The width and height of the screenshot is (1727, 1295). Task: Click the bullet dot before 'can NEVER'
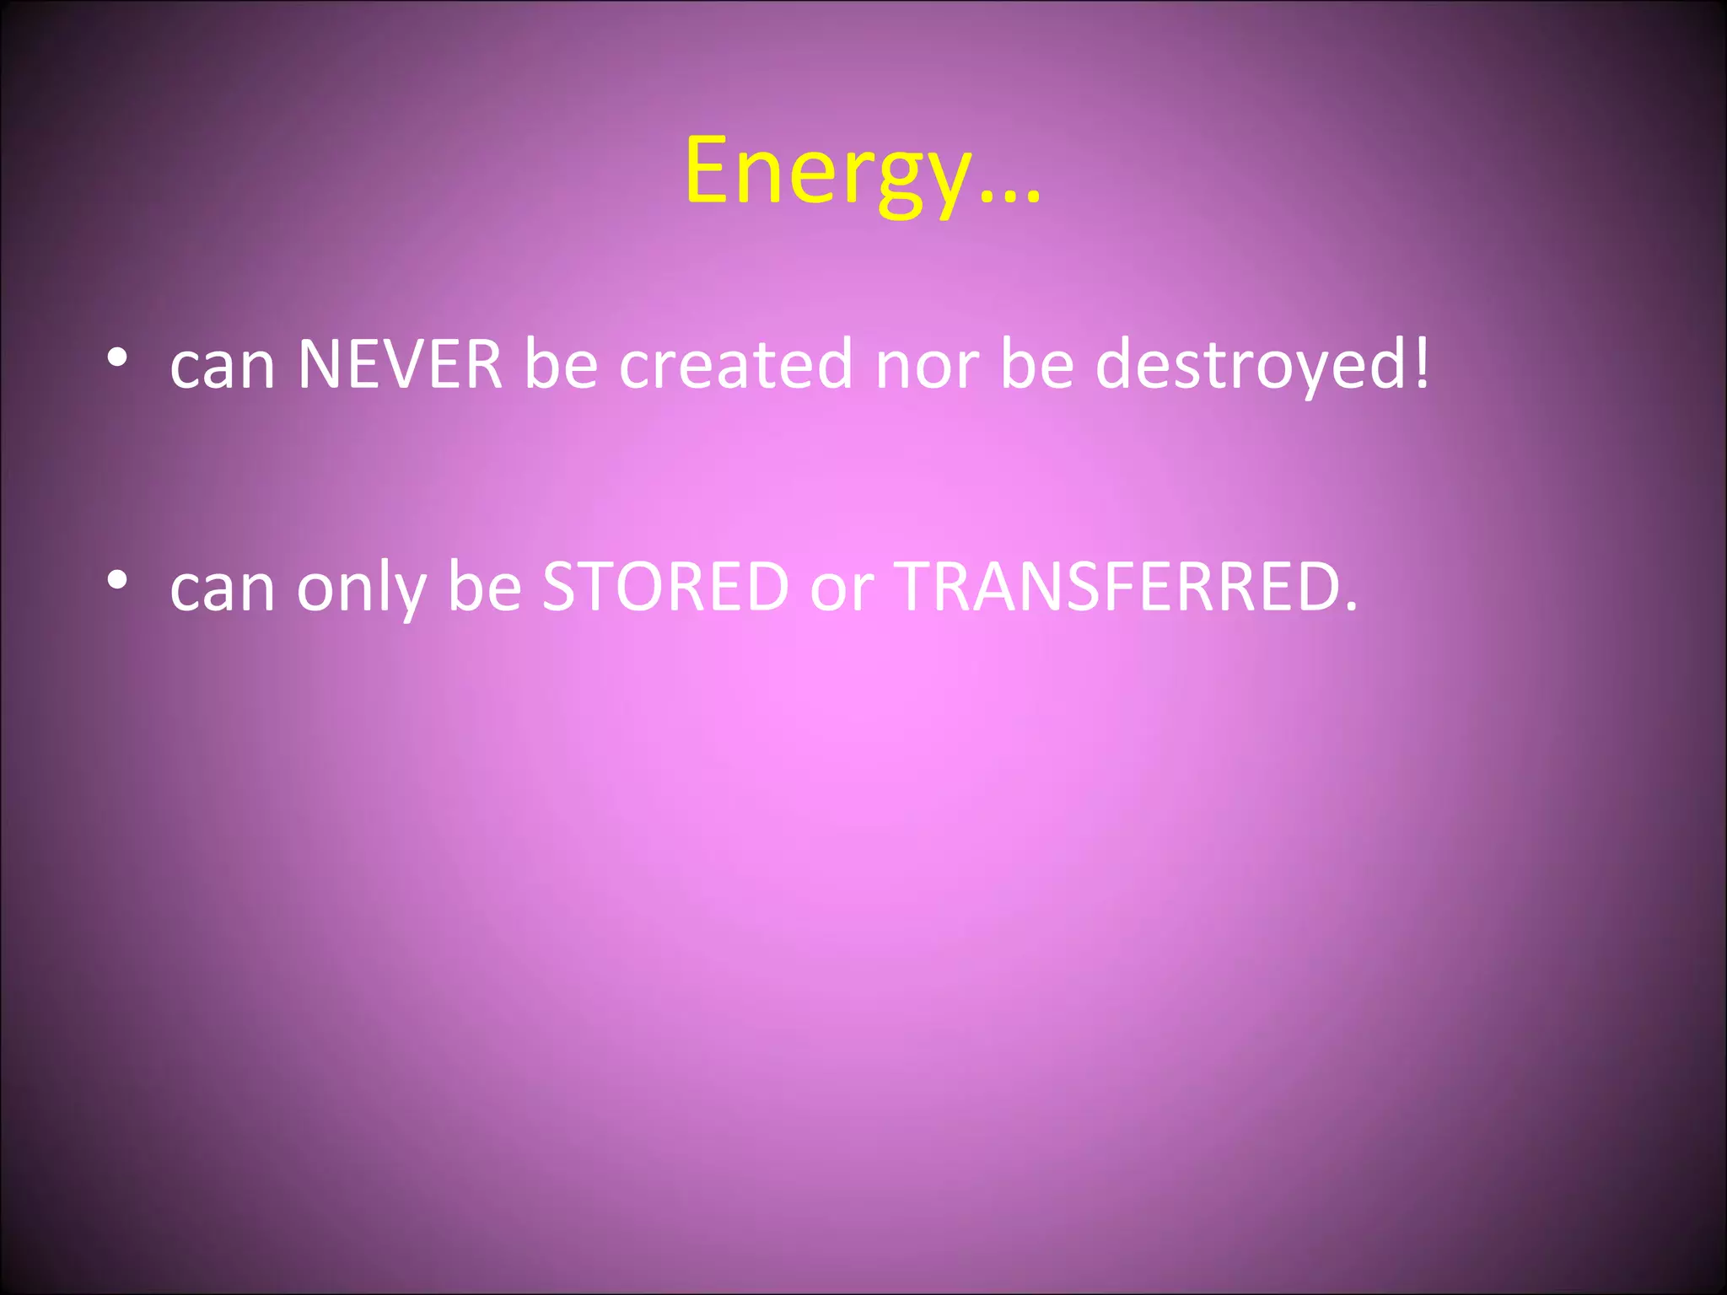pyautogui.click(x=117, y=357)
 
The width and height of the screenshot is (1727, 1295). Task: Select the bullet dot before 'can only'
pyautogui.click(x=117, y=580)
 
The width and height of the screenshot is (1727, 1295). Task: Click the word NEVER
pyautogui.click(x=401, y=364)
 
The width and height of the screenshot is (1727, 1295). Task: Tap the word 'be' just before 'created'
pyautogui.click(x=561, y=364)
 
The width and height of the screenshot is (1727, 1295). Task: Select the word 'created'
pyautogui.click(x=736, y=364)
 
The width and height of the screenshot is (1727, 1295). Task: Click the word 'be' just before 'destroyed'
pyautogui.click(x=1037, y=364)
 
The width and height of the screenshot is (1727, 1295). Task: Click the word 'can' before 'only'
pyautogui.click(x=223, y=589)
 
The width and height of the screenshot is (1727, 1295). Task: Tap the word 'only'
pyautogui.click(x=361, y=588)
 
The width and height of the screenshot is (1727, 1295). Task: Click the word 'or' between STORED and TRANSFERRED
pyautogui.click(x=842, y=589)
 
